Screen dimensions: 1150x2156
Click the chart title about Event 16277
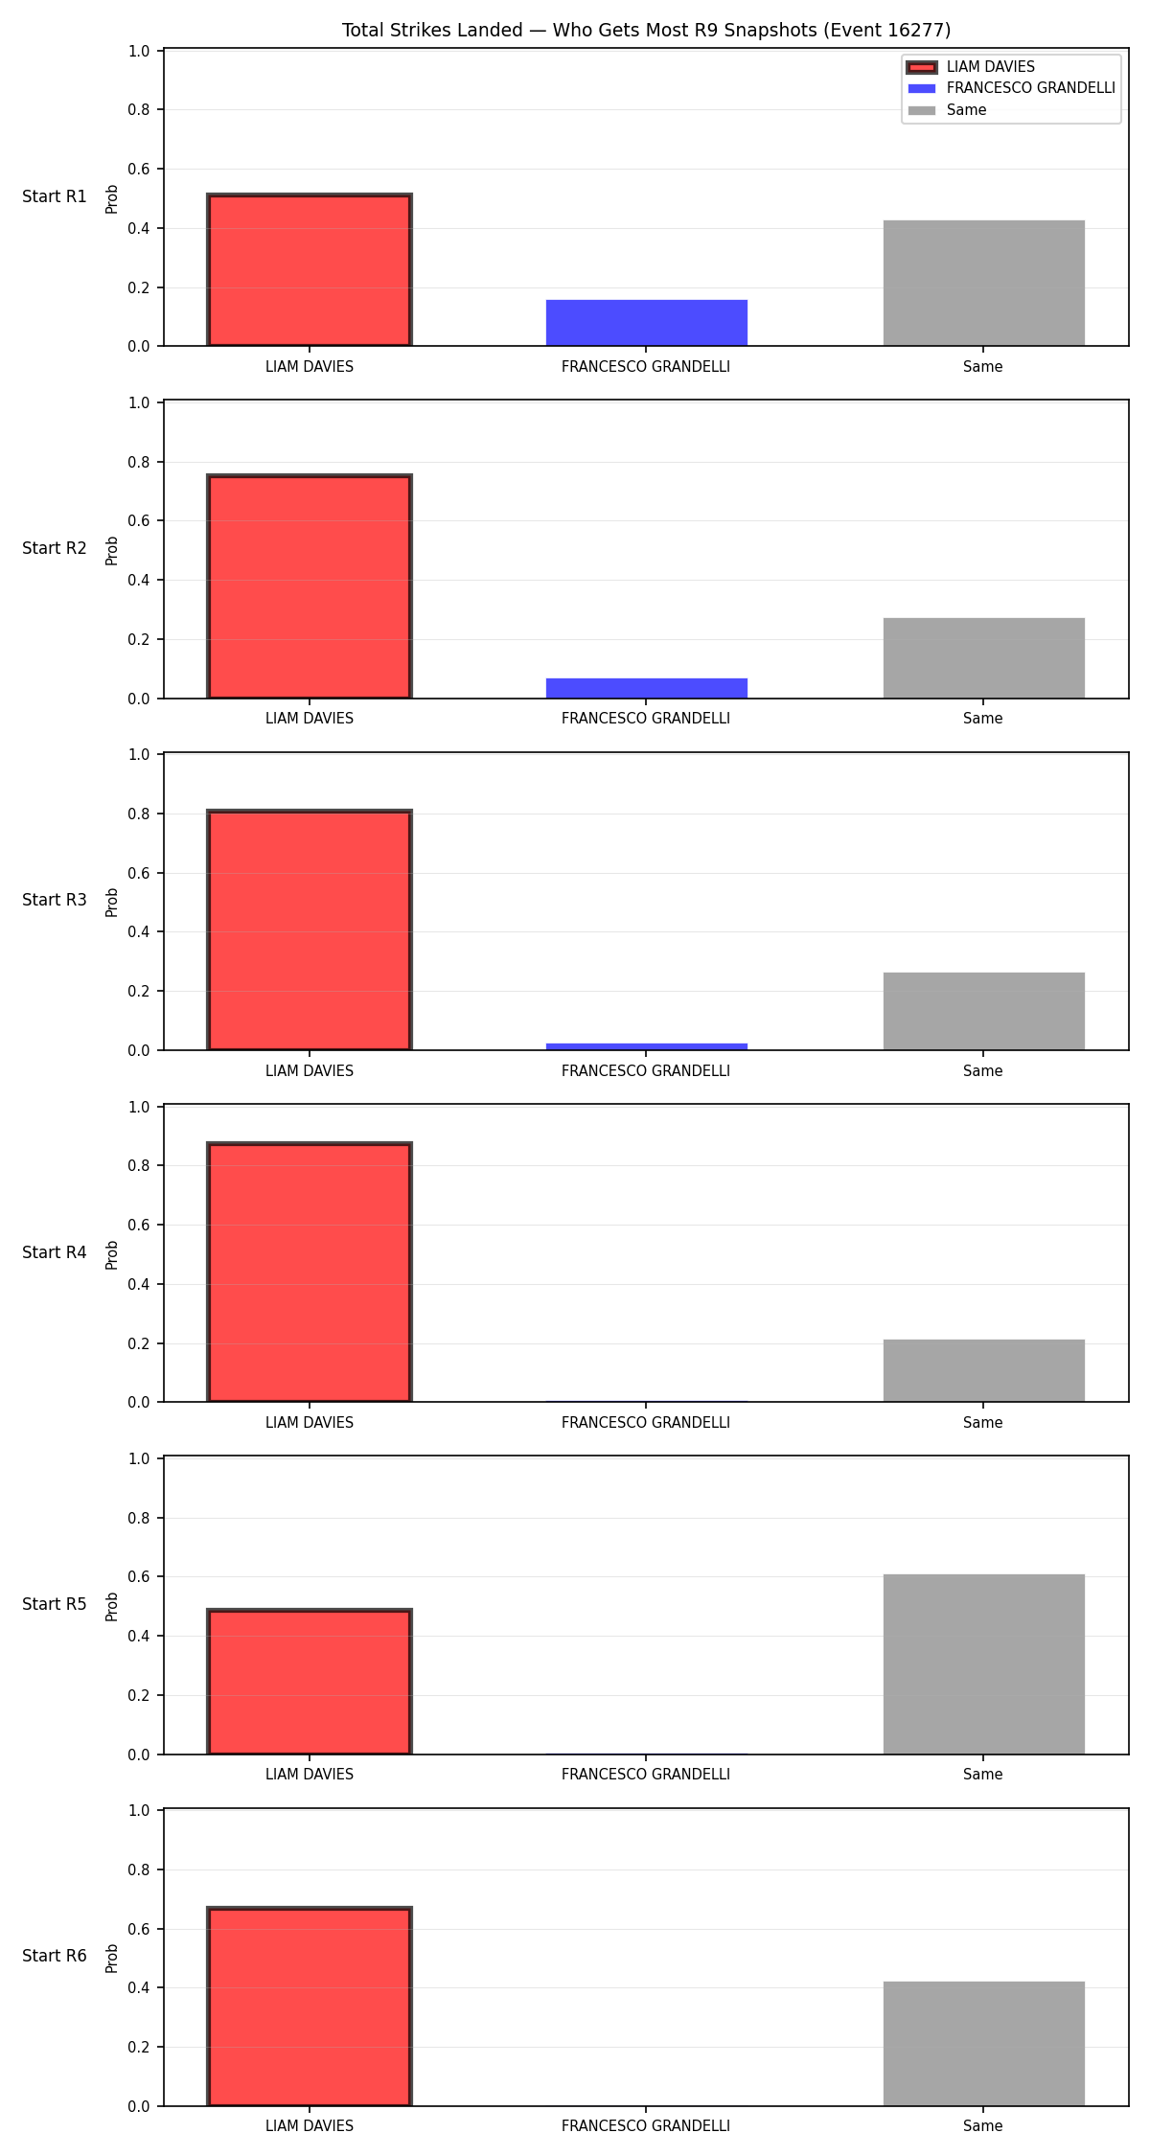tap(647, 31)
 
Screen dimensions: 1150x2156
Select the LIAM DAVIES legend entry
tap(971, 67)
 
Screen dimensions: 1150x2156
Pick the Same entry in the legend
tap(947, 110)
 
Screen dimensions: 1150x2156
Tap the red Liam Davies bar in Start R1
tap(310, 270)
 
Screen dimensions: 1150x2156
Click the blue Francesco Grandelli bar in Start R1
tap(647, 323)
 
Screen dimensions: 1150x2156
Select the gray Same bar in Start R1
tap(984, 284)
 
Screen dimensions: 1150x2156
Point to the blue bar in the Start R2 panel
tap(647, 688)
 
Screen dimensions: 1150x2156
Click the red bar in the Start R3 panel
tap(310, 930)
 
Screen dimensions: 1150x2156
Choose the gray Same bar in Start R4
tap(984, 1370)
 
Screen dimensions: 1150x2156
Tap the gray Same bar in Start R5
tap(984, 1664)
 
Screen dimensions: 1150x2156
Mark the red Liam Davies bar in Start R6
tap(310, 2007)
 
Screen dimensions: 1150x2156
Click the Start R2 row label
tap(55, 549)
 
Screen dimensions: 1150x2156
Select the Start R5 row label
tap(55, 1605)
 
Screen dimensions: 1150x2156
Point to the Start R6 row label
tap(55, 1957)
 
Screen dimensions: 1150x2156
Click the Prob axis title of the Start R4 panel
tap(112, 1254)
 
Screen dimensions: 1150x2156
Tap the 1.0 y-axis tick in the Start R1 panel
tap(140, 51)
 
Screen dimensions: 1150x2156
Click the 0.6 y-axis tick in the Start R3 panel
tap(140, 873)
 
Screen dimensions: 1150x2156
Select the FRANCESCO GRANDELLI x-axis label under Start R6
tap(646, 2126)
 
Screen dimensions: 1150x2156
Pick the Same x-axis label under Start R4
tap(983, 1423)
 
